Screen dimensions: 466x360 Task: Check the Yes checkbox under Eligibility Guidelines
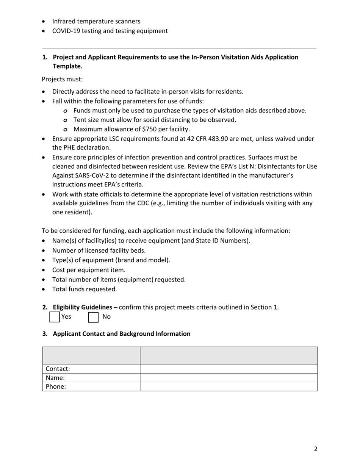(55, 317)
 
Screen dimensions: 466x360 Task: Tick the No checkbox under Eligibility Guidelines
(93, 317)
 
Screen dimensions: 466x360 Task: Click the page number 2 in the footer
(316, 449)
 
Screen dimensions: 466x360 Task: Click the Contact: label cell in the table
(91, 369)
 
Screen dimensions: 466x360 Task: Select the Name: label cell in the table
(91, 378)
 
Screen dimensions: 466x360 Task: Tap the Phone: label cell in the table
(91, 386)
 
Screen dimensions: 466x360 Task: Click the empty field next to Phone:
(229, 386)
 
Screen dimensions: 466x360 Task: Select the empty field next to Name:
(229, 378)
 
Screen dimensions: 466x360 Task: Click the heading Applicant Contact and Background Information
(121, 334)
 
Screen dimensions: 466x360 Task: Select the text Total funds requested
(85, 289)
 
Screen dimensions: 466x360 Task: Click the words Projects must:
(62, 79)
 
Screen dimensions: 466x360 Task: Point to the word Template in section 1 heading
(67, 66)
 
